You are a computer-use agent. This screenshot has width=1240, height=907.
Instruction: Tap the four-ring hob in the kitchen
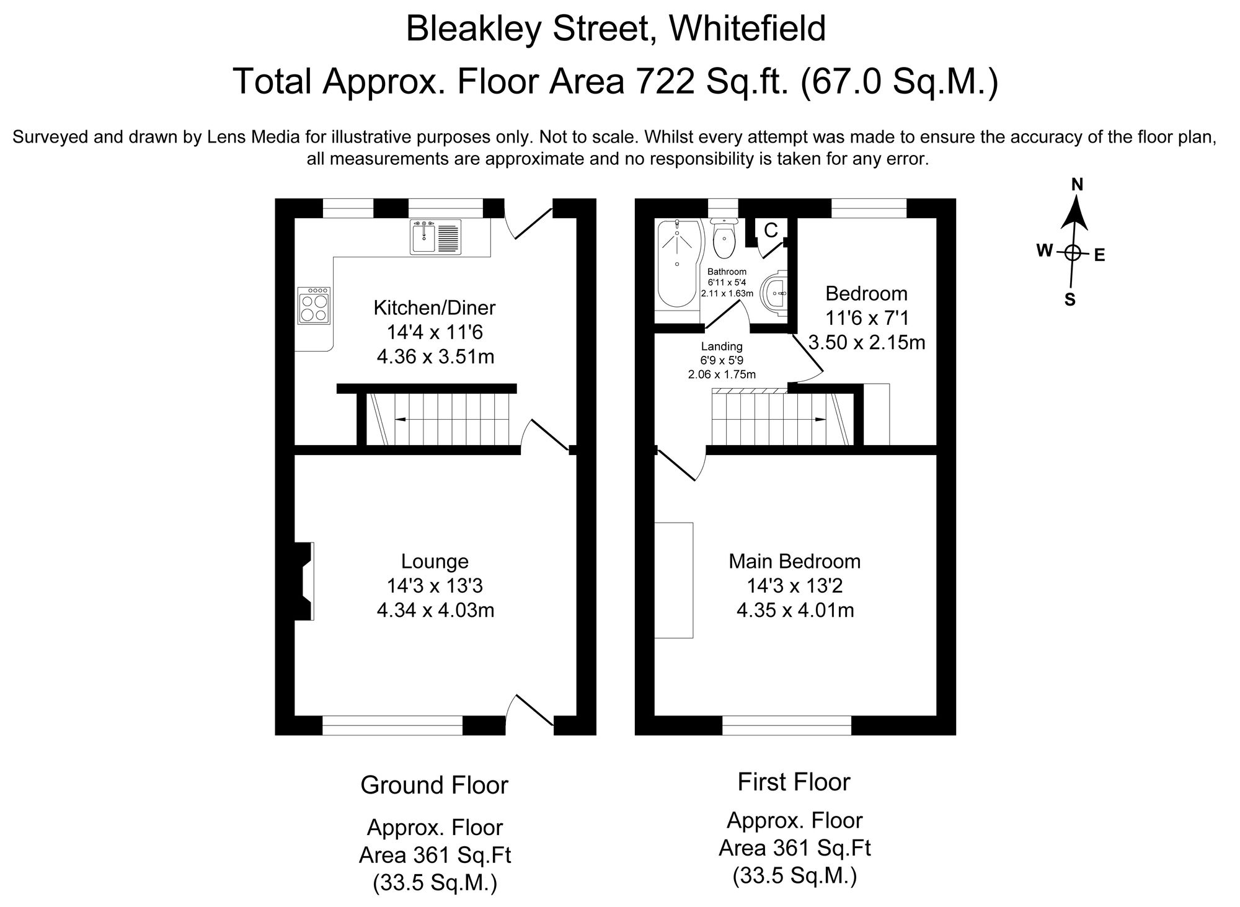(x=314, y=306)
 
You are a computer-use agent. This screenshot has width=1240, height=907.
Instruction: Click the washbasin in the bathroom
(x=775, y=292)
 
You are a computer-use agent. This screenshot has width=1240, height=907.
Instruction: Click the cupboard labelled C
(x=771, y=231)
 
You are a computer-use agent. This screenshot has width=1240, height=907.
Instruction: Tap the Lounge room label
(x=435, y=561)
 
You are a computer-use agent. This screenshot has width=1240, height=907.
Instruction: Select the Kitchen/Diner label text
(x=435, y=307)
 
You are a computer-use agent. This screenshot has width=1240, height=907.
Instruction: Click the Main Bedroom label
(x=794, y=561)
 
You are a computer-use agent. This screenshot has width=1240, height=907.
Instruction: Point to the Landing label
(x=722, y=347)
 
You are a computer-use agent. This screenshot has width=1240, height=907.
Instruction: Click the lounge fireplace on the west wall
(x=304, y=581)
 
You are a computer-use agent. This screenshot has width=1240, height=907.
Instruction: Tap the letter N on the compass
(x=1077, y=185)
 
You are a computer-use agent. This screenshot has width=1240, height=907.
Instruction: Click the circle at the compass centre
(x=1073, y=252)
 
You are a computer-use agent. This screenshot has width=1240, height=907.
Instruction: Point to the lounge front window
(x=392, y=725)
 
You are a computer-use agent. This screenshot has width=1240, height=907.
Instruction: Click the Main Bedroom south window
(x=787, y=725)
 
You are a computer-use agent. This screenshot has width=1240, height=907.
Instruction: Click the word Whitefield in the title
(x=746, y=29)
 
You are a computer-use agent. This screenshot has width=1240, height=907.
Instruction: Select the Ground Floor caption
(x=435, y=785)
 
